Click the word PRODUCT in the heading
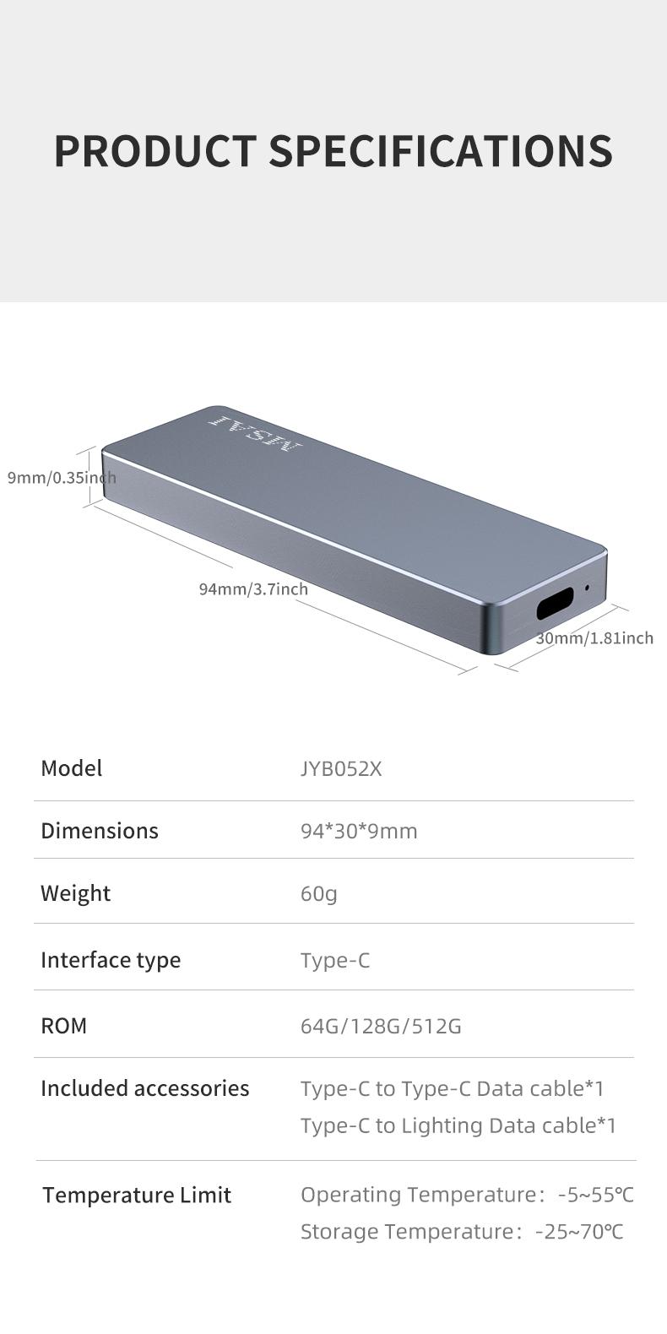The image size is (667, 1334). pos(155,151)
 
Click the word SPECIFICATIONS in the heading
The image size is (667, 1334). pos(440,151)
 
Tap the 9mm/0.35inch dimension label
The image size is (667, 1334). pos(62,478)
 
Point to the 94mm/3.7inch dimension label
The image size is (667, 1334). pos(253,589)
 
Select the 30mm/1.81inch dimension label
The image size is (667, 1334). pos(594,638)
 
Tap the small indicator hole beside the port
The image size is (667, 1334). pos(587,588)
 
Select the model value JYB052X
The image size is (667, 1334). pos(341,769)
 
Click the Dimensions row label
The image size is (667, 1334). pos(100,831)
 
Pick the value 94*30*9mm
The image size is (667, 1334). pos(359,832)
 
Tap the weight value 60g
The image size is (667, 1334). pos(319,893)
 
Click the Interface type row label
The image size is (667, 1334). pos(111,960)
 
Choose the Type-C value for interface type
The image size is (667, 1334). pos(335,961)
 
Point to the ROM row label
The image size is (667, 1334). pos(64,1026)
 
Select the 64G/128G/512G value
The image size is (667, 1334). pos(381,1027)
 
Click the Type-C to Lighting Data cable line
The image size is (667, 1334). pos(458,1125)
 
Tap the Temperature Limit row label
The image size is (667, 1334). pos(137,1196)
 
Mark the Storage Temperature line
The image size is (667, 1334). pos(462,1232)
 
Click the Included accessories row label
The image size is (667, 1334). pos(145,1088)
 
